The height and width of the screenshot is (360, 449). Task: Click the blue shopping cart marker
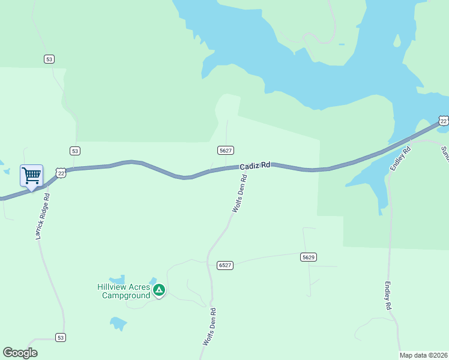point(31,176)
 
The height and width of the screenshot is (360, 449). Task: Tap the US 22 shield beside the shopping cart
point(61,173)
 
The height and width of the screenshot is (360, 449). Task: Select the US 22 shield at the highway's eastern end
point(443,121)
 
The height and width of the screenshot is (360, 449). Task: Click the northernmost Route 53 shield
point(49,59)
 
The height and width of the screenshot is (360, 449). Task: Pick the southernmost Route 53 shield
point(60,337)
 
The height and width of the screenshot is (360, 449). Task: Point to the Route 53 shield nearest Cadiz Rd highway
point(74,151)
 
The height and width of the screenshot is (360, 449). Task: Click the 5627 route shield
point(225,150)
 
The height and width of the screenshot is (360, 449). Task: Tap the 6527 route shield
point(225,265)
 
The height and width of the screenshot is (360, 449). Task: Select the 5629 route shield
point(308,257)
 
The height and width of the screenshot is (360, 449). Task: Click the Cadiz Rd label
point(255,165)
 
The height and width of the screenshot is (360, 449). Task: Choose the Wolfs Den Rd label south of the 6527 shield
point(209,326)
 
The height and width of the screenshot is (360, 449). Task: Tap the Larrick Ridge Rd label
point(42,217)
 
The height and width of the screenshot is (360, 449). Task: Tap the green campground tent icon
point(158,290)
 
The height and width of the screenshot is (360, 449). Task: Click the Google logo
point(20,353)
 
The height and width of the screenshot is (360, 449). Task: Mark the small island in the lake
point(396,41)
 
